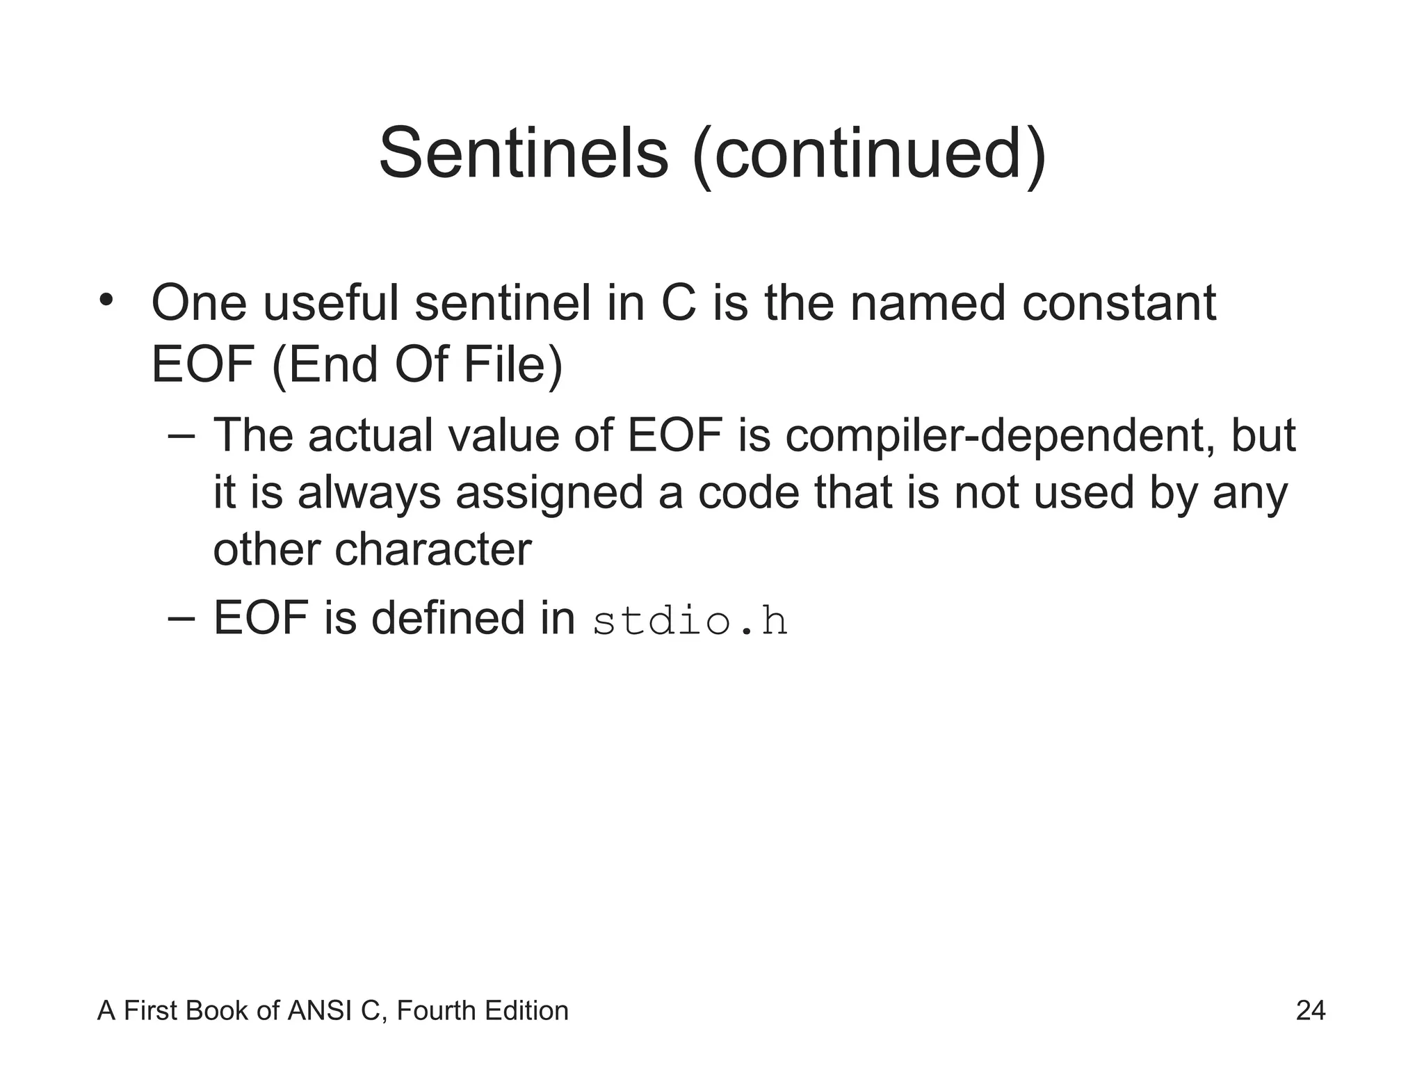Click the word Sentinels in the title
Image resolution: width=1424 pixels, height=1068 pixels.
click(x=523, y=154)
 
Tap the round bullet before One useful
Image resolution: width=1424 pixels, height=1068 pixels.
click(x=106, y=300)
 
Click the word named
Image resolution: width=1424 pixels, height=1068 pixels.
click(x=928, y=305)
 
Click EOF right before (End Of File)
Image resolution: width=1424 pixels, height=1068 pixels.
click(x=203, y=366)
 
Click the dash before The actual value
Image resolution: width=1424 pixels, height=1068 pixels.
click(x=181, y=437)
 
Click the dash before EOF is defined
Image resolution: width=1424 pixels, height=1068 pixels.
click(x=181, y=620)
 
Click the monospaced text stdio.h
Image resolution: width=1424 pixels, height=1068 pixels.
click(x=690, y=621)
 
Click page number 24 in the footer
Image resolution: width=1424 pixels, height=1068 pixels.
click(x=1310, y=1010)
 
